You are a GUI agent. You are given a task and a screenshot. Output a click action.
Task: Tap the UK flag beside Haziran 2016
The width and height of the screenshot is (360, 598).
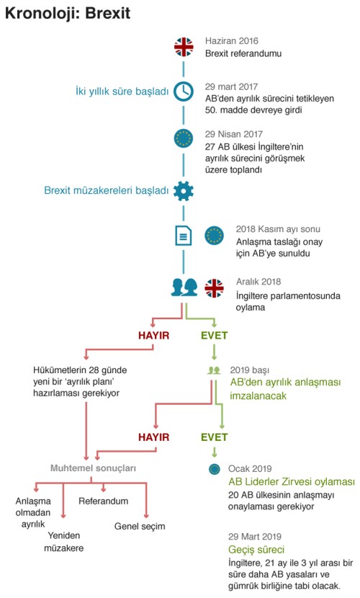click(184, 47)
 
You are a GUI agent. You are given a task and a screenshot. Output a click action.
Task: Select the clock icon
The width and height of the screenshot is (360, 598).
click(184, 92)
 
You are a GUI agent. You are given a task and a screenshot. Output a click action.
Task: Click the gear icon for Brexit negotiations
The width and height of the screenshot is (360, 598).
click(184, 191)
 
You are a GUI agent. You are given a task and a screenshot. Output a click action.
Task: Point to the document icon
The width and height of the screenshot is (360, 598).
click(183, 236)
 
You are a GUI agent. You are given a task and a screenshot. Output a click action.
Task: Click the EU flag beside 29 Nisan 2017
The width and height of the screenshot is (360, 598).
click(184, 138)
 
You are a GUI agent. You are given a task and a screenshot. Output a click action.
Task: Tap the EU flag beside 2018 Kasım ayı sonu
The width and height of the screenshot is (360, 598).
click(214, 236)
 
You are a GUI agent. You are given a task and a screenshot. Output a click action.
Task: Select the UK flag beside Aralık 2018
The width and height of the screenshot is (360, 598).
click(214, 288)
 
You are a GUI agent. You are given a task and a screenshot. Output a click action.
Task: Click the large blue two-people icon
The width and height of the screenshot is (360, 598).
click(184, 287)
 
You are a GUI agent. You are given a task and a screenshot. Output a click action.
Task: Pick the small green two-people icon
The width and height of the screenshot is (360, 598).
click(214, 370)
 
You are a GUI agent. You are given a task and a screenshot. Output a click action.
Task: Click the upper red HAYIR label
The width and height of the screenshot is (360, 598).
click(154, 336)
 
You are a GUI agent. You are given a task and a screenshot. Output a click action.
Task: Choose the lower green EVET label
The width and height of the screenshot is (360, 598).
click(215, 437)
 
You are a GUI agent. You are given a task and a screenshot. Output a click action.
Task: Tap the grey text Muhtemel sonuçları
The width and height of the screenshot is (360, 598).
click(94, 468)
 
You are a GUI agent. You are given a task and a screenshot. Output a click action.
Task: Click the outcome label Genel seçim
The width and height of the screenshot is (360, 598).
click(140, 527)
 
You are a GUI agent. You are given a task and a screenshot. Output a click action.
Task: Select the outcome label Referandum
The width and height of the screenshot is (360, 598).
click(103, 501)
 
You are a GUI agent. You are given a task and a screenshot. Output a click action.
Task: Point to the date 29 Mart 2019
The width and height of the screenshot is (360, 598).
click(255, 537)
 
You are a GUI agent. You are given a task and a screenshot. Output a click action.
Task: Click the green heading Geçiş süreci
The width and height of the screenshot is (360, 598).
click(256, 550)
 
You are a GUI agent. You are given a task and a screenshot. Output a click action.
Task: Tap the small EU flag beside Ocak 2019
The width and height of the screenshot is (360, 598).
click(215, 469)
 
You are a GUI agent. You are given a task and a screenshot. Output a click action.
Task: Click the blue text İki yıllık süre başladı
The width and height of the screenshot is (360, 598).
click(122, 92)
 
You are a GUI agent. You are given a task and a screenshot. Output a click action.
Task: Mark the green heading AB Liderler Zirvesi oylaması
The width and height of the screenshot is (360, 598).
click(292, 482)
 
